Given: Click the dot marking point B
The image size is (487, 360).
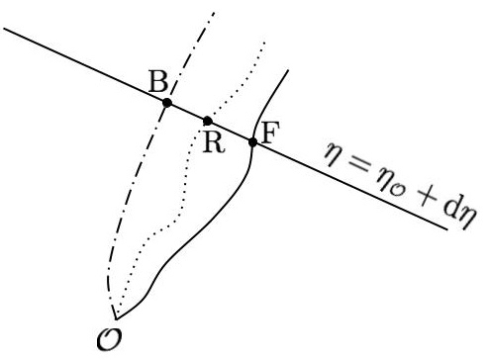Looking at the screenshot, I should point(167,102).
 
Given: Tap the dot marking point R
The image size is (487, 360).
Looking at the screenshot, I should point(207,121).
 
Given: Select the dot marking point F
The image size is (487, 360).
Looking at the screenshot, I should point(253,142).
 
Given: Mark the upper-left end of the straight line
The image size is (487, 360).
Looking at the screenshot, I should point(6,28).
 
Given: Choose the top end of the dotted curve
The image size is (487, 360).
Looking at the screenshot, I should point(264,42).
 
